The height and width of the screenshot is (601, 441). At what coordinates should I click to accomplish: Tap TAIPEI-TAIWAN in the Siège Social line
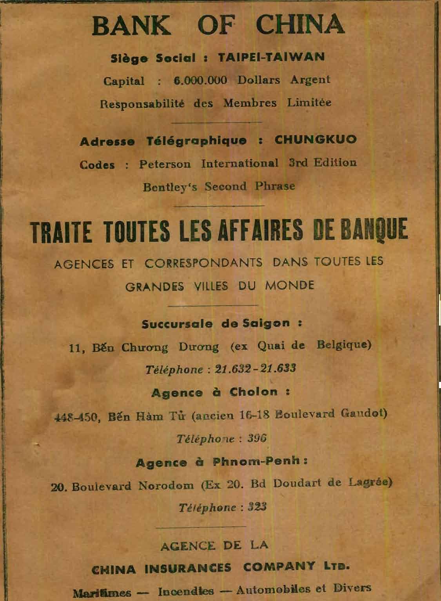pyautogui.click(x=272, y=58)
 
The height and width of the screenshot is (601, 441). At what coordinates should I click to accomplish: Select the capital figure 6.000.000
pyautogui.click(x=200, y=80)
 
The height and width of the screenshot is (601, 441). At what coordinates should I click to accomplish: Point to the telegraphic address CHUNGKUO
pyautogui.click(x=316, y=140)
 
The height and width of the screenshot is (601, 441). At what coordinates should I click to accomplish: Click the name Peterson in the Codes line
pyautogui.click(x=165, y=164)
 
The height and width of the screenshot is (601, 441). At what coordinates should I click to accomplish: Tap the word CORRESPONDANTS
pyautogui.click(x=203, y=263)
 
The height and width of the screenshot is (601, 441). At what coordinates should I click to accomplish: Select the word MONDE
pyautogui.click(x=290, y=285)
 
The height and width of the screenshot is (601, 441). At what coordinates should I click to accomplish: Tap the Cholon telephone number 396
pyautogui.click(x=258, y=438)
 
